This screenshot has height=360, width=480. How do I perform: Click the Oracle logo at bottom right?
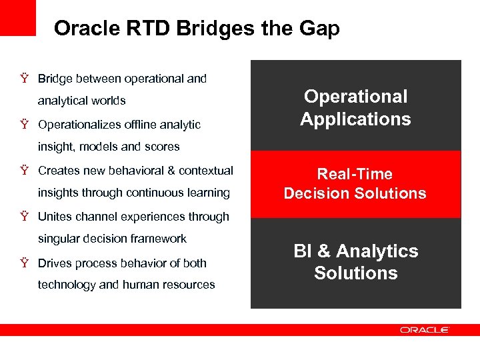(x=425, y=329)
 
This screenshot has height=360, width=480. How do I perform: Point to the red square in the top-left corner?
(x=18, y=17)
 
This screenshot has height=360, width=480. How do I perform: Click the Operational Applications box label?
(x=355, y=108)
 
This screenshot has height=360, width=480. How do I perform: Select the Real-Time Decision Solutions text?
(x=355, y=184)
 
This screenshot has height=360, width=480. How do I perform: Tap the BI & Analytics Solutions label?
(x=355, y=262)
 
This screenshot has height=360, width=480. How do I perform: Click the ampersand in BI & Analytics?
(x=323, y=251)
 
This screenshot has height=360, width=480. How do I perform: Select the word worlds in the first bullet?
(x=109, y=101)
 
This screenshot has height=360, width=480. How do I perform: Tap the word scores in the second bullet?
(x=164, y=147)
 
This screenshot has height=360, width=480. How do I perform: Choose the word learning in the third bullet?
(x=208, y=193)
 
